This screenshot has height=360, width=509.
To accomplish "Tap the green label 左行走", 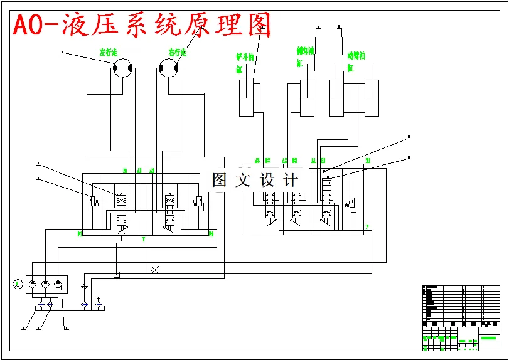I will [109, 53].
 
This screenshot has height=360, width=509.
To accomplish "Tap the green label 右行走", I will [177, 53].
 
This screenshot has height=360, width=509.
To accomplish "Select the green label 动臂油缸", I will [355, 61].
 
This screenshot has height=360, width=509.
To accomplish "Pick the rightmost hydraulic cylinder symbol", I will [373, 98].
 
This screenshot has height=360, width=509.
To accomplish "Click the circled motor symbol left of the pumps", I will [17, 285].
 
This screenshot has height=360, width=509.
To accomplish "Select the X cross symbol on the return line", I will [154, 270].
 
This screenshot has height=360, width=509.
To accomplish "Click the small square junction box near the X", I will [117, 274].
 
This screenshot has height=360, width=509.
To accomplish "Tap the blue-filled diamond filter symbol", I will [85, 304].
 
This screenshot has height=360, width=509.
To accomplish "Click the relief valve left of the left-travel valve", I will [92, 203].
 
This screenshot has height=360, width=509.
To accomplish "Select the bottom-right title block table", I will [461, 317].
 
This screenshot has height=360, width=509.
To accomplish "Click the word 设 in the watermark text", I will [267, 181].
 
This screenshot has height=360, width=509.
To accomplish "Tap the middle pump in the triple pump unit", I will [46, 285].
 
